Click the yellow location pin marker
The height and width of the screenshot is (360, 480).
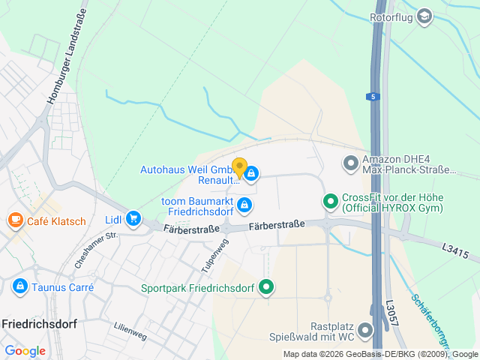(239, 168)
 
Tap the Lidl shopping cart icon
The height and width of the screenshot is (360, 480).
(133, 218)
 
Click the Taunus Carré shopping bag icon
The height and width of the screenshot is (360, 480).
(19, 286)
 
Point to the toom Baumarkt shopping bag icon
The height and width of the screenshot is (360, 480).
(244, 204)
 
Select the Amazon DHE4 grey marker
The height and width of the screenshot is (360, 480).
(350, 162)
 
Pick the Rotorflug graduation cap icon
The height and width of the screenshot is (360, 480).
(424, 16)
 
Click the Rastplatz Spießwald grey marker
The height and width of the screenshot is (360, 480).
(365, 330)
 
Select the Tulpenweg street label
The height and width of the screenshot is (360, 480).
(214, 255)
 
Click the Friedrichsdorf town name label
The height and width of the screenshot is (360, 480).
(37, 324)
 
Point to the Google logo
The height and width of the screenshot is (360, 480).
(25, 350)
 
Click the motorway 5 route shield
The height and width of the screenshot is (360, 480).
(373, 97)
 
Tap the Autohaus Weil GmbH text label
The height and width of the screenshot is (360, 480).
(187, 170)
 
